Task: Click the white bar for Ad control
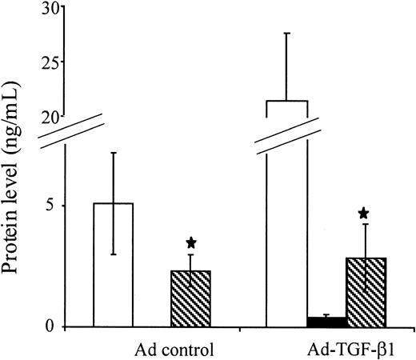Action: [114, 272]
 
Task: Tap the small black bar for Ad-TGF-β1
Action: [326, 322]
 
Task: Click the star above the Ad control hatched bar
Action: [190, 242]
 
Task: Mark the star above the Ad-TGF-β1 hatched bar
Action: [364, 213]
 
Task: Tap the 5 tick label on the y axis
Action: [52, 206]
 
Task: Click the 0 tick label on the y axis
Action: [52, 326]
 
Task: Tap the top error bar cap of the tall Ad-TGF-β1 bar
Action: [286, 34]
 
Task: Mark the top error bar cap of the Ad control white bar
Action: [114, 153]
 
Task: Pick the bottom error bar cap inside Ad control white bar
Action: [114, 254]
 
